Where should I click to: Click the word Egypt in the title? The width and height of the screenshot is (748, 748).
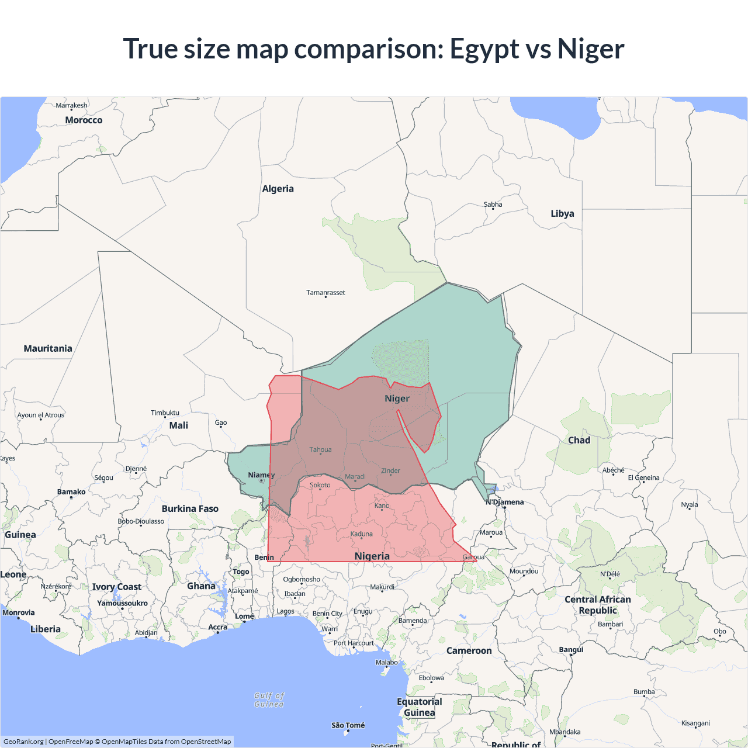click(484, 49)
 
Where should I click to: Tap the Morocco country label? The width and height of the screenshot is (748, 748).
click(84, 120)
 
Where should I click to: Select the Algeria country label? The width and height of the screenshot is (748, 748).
click(278, 189)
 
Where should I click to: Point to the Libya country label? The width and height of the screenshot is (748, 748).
click(562, 213)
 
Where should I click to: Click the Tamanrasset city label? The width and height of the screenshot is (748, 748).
click(325, 292)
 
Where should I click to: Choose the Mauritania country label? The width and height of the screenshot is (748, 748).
click(48, 348)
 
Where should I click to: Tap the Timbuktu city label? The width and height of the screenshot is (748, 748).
click(165, 413)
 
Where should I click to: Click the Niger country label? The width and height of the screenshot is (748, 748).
click(397, 399)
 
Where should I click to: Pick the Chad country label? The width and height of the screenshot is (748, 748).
click(579, 440)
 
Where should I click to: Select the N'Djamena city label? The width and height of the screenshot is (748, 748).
click(505, 502)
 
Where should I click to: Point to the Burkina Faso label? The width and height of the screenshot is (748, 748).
click(190, 508)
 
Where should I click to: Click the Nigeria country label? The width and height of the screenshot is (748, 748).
click(372, 556)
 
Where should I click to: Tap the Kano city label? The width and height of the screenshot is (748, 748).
click(382, 505)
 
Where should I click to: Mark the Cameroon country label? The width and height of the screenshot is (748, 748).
click(469, 650)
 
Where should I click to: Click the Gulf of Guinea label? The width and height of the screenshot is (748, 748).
click(269, 699)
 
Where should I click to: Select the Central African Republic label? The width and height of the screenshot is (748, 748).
click(597, 605)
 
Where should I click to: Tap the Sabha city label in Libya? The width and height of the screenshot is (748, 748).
click(493, 205)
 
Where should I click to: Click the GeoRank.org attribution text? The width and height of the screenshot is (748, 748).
click(23, 742)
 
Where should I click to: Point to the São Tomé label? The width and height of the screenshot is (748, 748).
click(348, 725)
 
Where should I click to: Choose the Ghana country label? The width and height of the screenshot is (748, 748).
click(201, 586)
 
